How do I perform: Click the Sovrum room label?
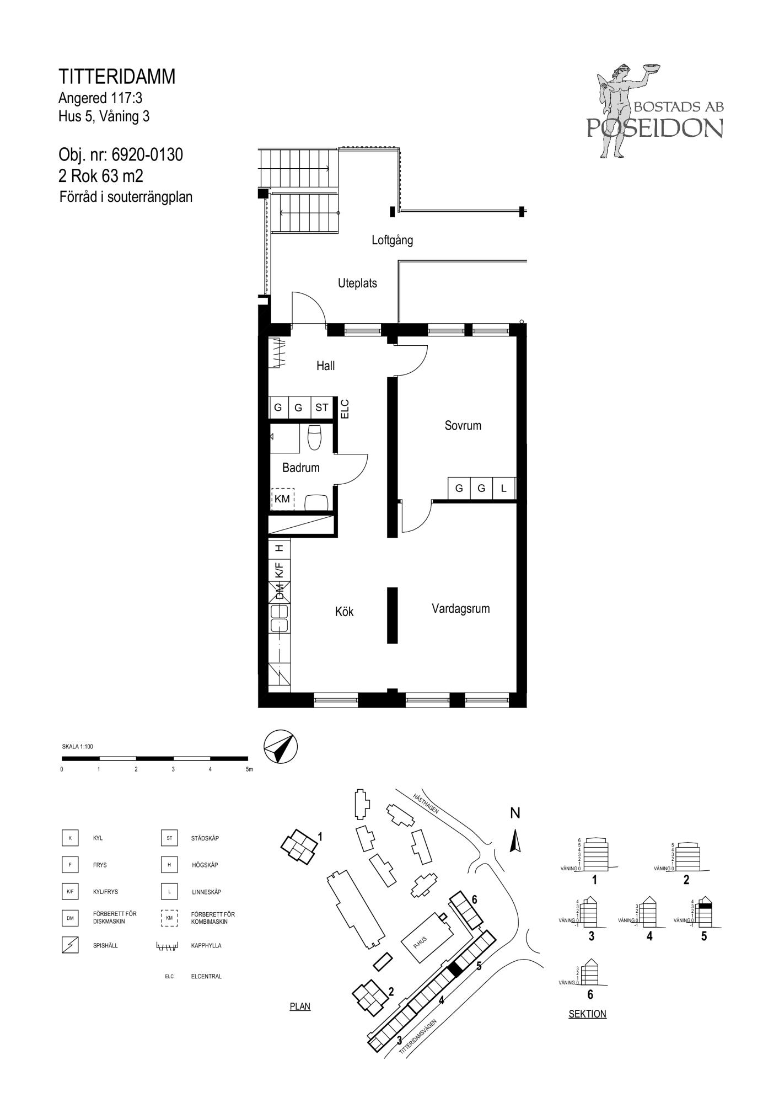463,425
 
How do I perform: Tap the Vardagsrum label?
460,609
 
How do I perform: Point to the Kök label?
344,612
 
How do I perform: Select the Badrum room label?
300,468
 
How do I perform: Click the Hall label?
325,366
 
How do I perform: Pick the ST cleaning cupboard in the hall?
321,408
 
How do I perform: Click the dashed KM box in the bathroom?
282,499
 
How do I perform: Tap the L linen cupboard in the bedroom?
503,488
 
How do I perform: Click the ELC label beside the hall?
345,409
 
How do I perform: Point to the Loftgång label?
392,240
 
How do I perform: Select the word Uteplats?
357,283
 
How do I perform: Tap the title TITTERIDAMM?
117,77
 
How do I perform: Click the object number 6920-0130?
147,155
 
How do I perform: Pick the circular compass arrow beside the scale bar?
281,747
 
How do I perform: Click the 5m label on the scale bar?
249,769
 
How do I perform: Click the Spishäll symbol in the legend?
70,945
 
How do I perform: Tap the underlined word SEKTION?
587,1014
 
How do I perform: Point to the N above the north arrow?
515,813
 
